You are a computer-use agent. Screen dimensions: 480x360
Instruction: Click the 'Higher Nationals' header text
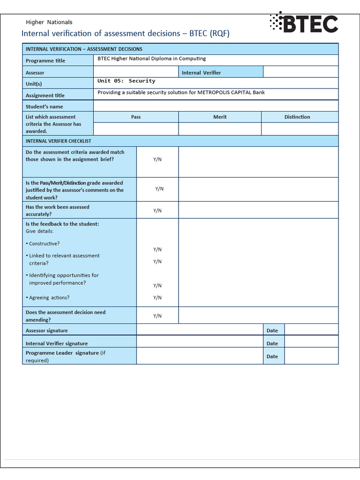49,22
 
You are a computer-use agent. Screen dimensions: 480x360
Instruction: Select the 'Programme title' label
45,61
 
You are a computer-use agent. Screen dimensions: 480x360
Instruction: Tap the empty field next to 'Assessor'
135,72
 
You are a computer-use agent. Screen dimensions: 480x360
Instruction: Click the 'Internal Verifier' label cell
201,73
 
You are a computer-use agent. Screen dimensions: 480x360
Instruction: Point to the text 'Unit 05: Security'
126,81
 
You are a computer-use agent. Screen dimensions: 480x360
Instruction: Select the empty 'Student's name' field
216,106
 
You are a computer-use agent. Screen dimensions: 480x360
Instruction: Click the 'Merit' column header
220,117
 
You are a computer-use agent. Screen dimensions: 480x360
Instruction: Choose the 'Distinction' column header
297,117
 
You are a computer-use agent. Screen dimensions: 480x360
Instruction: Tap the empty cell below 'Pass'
136,129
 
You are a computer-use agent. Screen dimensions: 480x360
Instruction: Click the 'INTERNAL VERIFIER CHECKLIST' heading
59,141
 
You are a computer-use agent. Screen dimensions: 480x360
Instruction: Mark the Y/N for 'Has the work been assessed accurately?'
157,210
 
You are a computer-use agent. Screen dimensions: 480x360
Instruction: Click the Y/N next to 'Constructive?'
157,249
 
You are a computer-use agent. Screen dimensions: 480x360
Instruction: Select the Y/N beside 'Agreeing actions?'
157,298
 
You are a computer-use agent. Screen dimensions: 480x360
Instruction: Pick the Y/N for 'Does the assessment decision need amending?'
157,316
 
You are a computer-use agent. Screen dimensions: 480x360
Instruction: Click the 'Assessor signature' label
47,331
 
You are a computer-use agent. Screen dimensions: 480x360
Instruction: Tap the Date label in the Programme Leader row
272,356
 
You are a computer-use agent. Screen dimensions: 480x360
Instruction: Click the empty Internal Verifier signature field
199,343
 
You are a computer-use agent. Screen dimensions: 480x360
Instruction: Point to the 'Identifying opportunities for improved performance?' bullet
63,279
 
